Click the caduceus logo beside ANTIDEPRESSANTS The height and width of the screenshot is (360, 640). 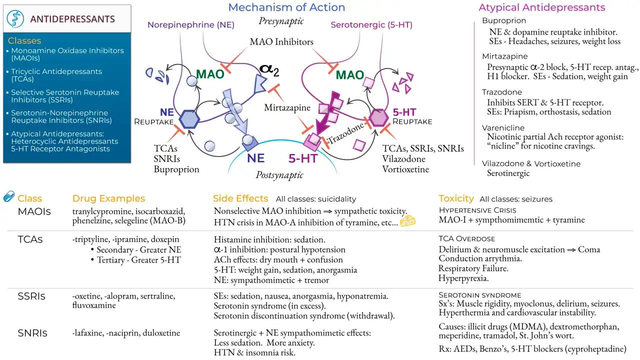tap(15, 19)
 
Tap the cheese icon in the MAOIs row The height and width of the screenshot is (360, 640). tap(407, 221)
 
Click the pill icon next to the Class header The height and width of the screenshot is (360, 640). tap(9, 196)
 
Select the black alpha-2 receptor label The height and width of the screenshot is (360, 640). tap(269, 70)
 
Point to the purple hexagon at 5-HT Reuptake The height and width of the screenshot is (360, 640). tap(378, 117)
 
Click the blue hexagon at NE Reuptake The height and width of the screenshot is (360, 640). tap(189, 119)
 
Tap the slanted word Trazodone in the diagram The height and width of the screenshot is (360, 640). tap(346, 133)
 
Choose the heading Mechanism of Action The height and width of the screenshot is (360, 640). tap(286, 7)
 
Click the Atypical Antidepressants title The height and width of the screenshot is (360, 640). tap(541, 7)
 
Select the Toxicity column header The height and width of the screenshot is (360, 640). tap(456, 198)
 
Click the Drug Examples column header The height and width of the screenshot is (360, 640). tap(108, 198)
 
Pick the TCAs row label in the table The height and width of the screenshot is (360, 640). tap(30, 239)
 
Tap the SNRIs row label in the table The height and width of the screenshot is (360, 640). tap(32, 333)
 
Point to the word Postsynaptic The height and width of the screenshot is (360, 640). tap(279, 175)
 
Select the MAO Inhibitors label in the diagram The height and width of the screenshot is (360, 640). tap(281, 42)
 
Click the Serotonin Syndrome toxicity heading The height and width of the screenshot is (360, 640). tap(480, 295)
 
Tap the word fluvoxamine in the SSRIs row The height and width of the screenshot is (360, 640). tap(94, 305)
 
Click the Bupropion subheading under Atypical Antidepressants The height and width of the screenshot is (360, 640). tap(504, 20)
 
